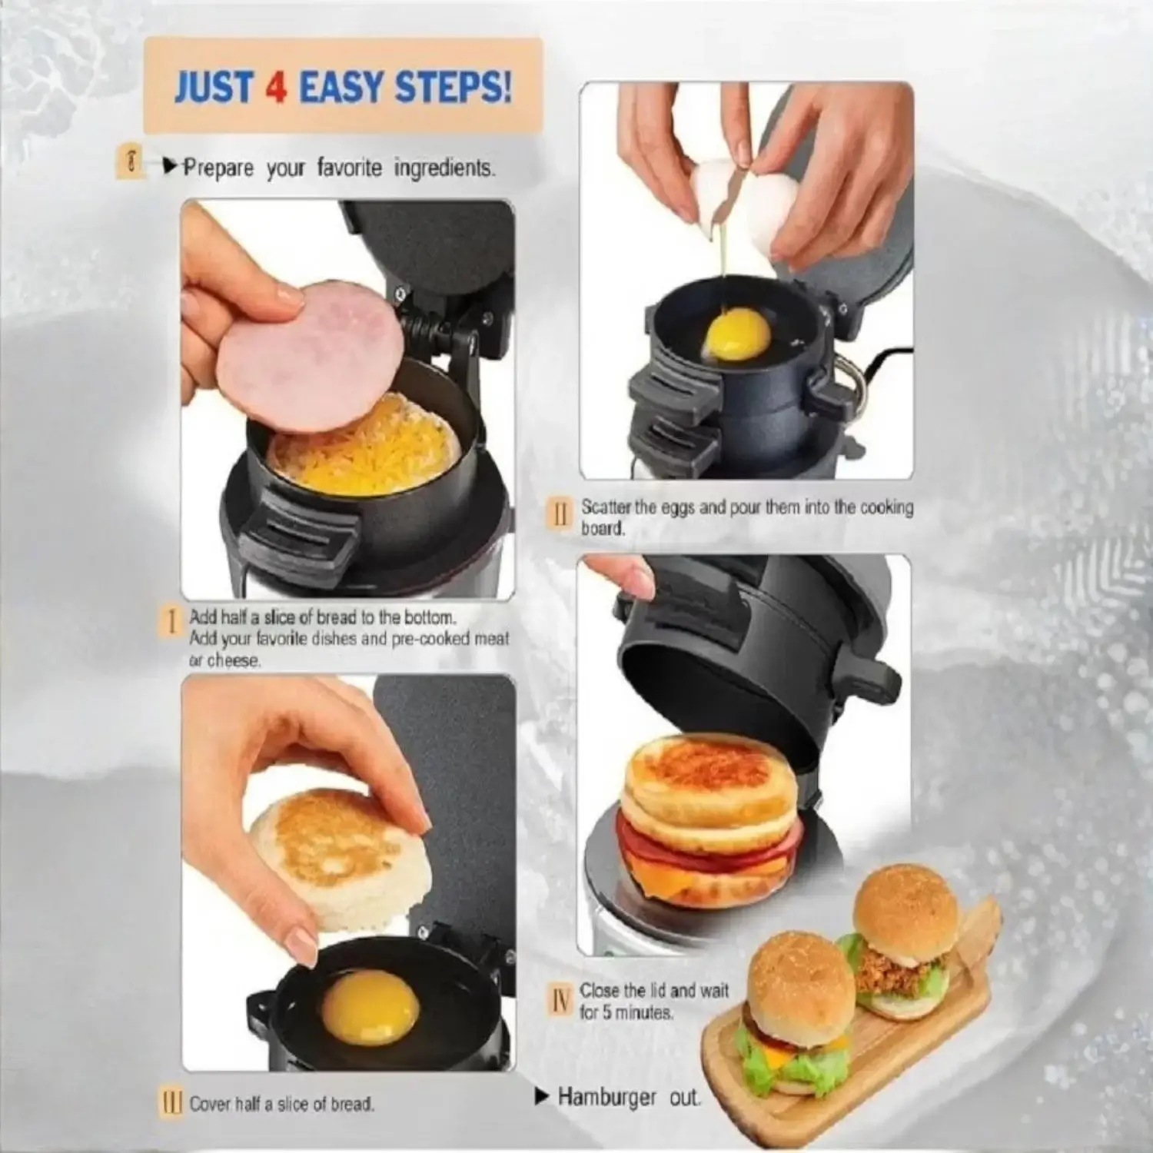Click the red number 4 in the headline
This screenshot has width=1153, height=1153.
[x=276, y=88]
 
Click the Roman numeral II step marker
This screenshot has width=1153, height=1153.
[x=560, y=513]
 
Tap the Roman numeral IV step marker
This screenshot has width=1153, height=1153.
[x=561, y=1000]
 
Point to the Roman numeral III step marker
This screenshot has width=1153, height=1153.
[x=171, y=1103]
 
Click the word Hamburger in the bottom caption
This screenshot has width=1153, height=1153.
[x=607, y=1097]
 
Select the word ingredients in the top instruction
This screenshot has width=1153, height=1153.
[x=444, y=168]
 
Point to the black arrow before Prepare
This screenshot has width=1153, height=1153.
[x=171, y=165]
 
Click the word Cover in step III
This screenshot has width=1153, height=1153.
[x=210, y=1104]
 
